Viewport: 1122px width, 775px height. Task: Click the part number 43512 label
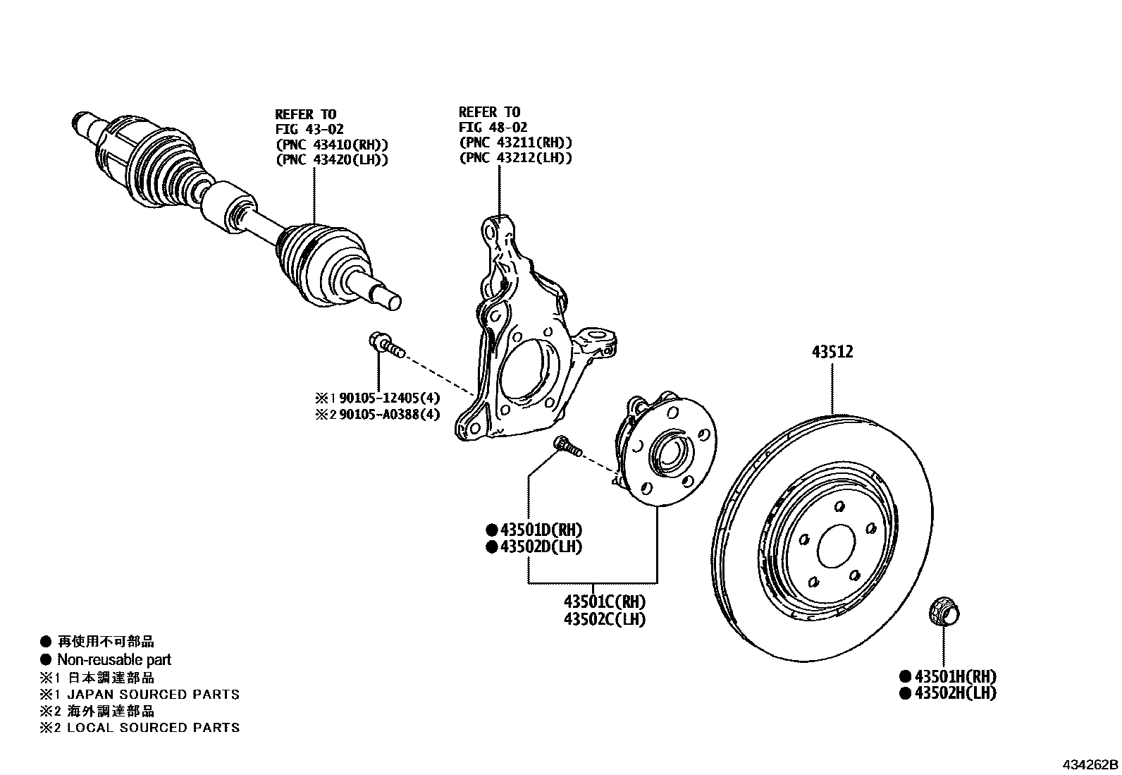tap(832, 352)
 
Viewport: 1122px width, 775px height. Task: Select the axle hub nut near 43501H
tap(944, 611)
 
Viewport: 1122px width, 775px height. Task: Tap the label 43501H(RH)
tap(955, 676)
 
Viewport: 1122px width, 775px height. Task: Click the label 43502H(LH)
tap(955, 693)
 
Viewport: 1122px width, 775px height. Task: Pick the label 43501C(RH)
tap(604, 602)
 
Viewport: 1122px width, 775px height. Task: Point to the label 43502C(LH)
tap(604, 619)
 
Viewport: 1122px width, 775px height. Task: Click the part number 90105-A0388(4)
tap(389, 414)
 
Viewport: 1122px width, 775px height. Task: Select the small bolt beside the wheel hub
tap(566, 446)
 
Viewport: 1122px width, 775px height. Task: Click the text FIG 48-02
tap(491, 127)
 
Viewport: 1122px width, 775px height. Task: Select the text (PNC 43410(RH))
tap(331, 144)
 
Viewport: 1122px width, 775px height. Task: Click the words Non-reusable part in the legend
tap(113, 660)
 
